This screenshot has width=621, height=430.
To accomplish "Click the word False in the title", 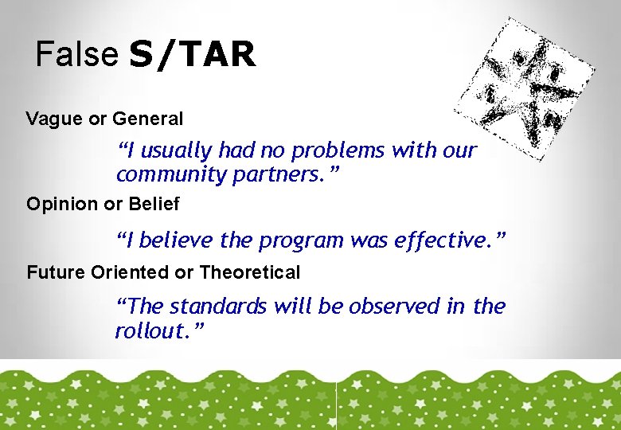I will [76, 55].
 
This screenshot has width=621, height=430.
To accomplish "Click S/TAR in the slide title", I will [192, 55].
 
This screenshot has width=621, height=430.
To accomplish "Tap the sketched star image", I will [525, 88].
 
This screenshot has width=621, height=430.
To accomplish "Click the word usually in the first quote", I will [176, 150].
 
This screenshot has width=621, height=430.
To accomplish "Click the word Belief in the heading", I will [154, 205].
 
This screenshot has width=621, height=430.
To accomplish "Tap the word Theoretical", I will [249, 273].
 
